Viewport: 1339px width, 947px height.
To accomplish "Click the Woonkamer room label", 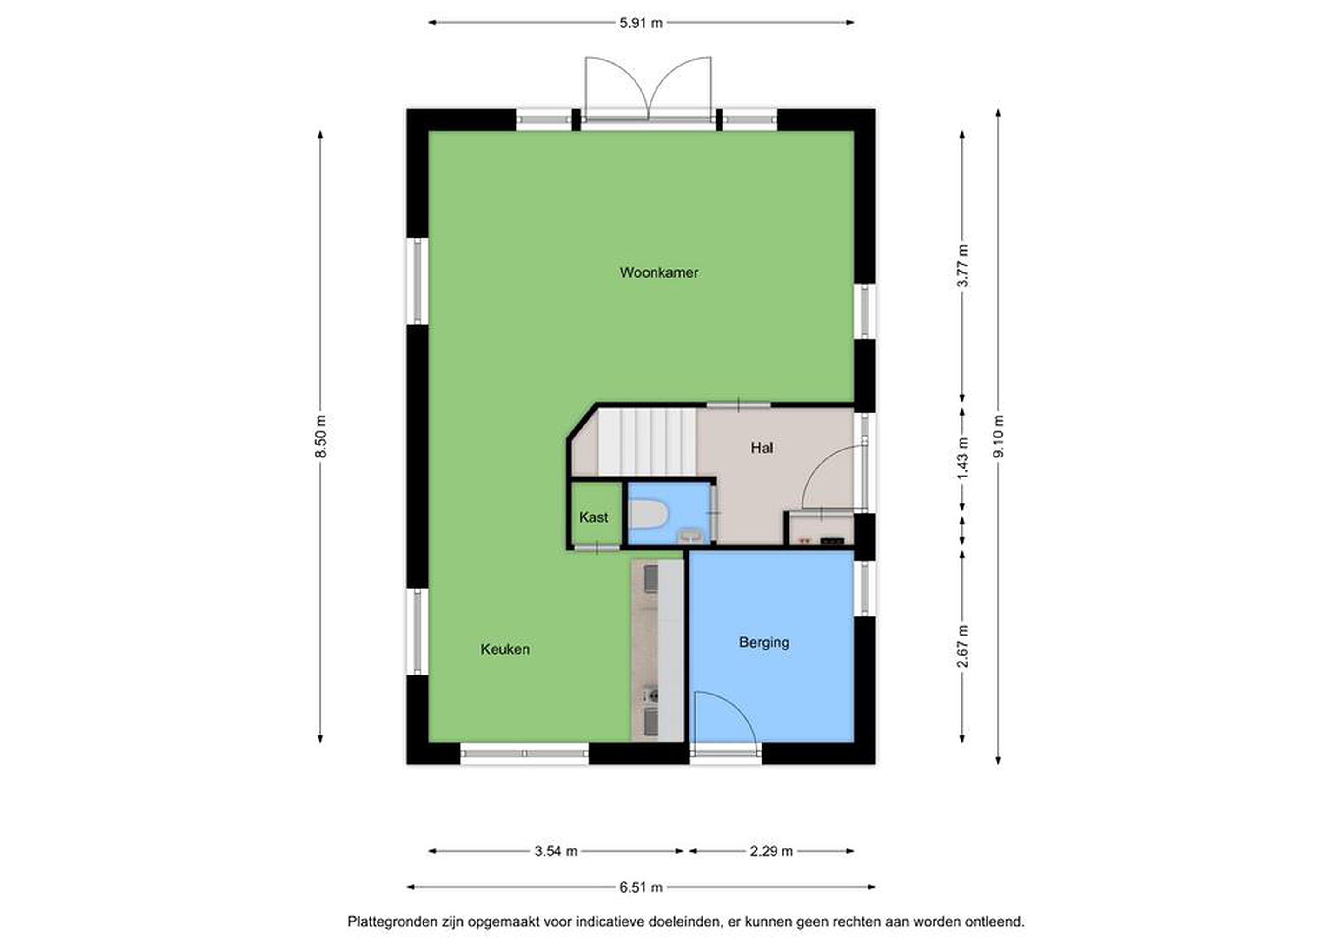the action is [658, 272].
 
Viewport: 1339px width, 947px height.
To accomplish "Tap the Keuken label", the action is [505, 649].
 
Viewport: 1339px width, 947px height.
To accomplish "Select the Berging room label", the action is [764, 642].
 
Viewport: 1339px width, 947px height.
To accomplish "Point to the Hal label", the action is [762, 447].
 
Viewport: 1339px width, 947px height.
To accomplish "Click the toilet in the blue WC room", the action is [648, 515].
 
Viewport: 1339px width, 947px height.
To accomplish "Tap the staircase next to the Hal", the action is [647, 442].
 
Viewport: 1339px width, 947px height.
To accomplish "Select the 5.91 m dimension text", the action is [641, 23].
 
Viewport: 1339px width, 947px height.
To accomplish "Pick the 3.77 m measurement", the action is [963, 265].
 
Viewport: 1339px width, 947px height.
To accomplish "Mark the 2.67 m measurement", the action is [963, 646].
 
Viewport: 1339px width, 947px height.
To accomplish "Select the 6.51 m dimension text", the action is [641, 887].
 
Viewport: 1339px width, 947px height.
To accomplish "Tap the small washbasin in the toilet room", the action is [691, 535].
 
